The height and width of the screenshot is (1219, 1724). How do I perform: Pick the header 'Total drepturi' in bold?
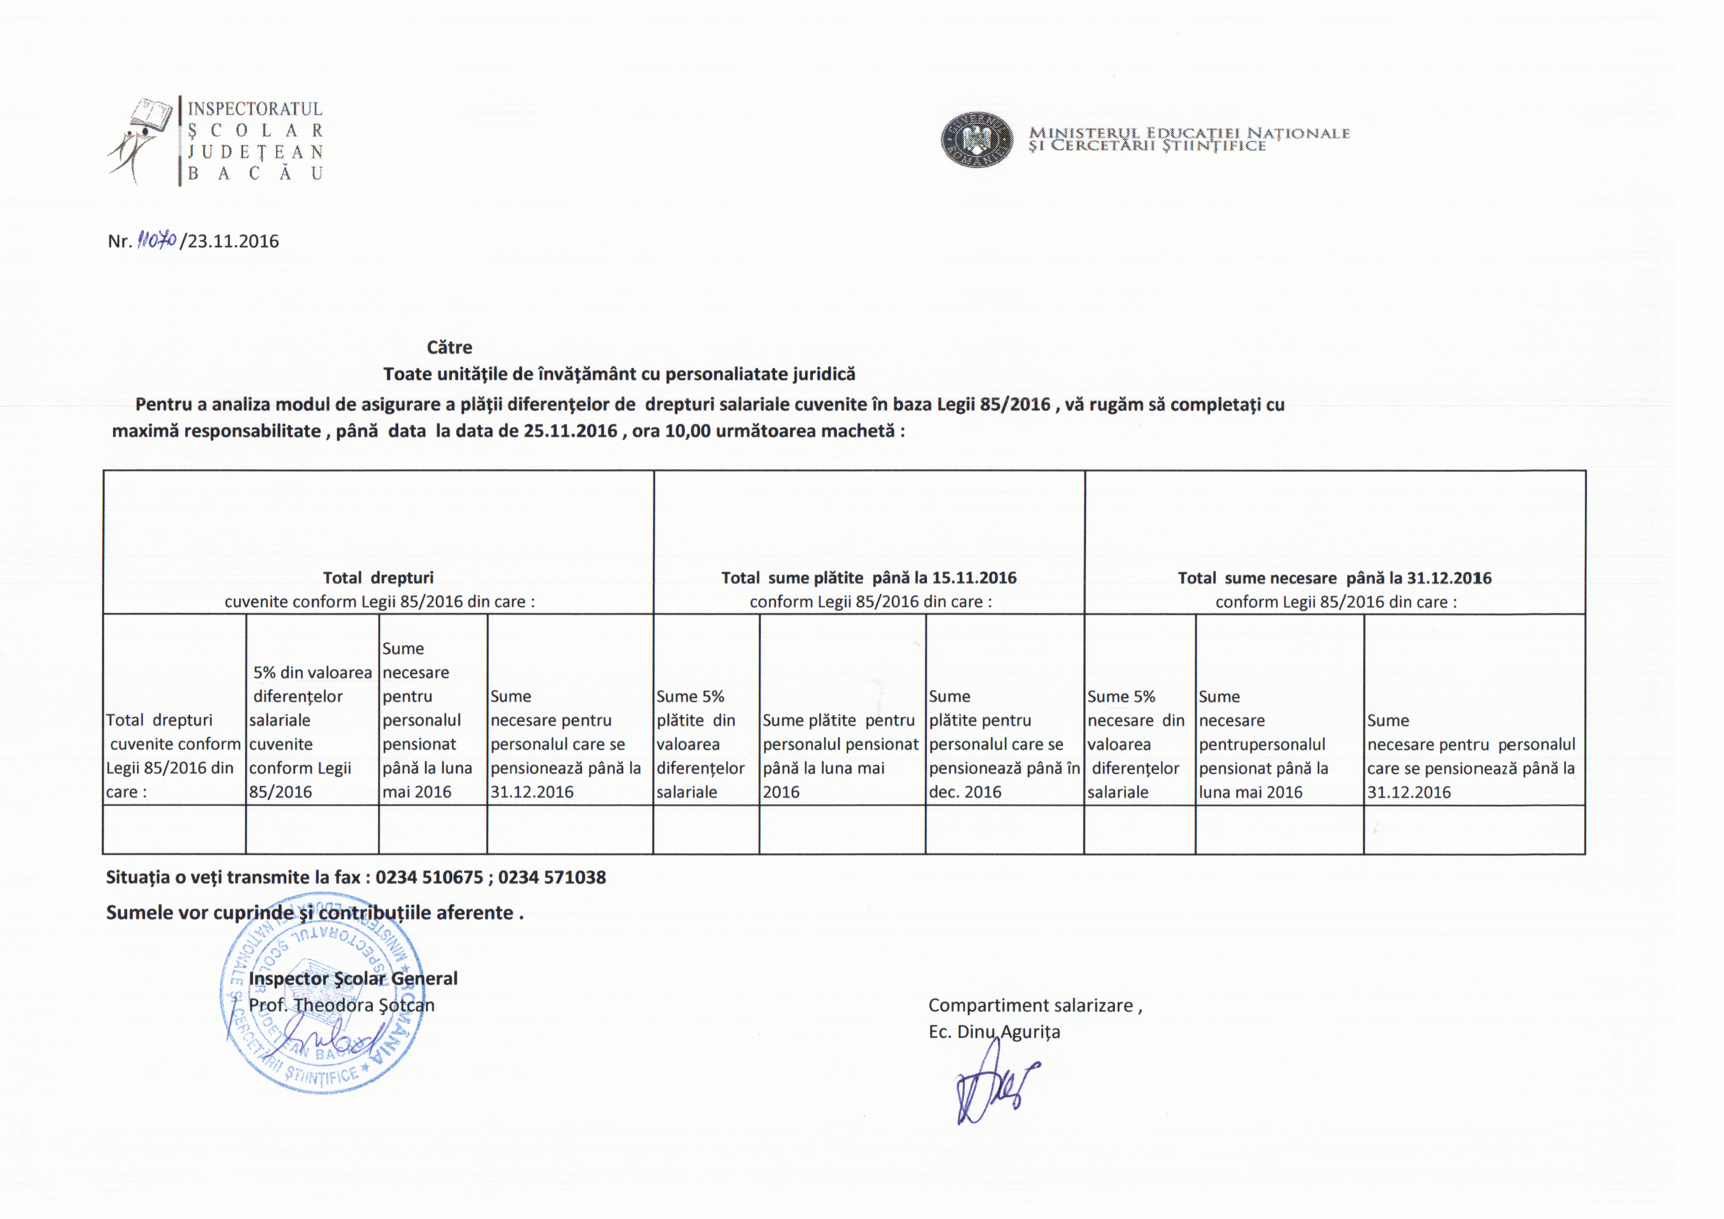coord(378,578)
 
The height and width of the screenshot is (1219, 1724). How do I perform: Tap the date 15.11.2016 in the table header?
coord(974,578)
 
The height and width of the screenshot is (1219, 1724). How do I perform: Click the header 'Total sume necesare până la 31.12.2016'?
coord(1335,578)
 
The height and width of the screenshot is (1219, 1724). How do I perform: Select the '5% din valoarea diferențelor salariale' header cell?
coord(311,732)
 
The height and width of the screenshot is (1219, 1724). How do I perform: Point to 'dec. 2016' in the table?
coord(965,792)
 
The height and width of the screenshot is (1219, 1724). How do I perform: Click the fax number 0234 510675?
coord(429,877)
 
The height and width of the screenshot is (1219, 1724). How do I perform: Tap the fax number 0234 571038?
coord(552,877)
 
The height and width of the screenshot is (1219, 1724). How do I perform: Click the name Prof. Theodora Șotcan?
coord(342,1005)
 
